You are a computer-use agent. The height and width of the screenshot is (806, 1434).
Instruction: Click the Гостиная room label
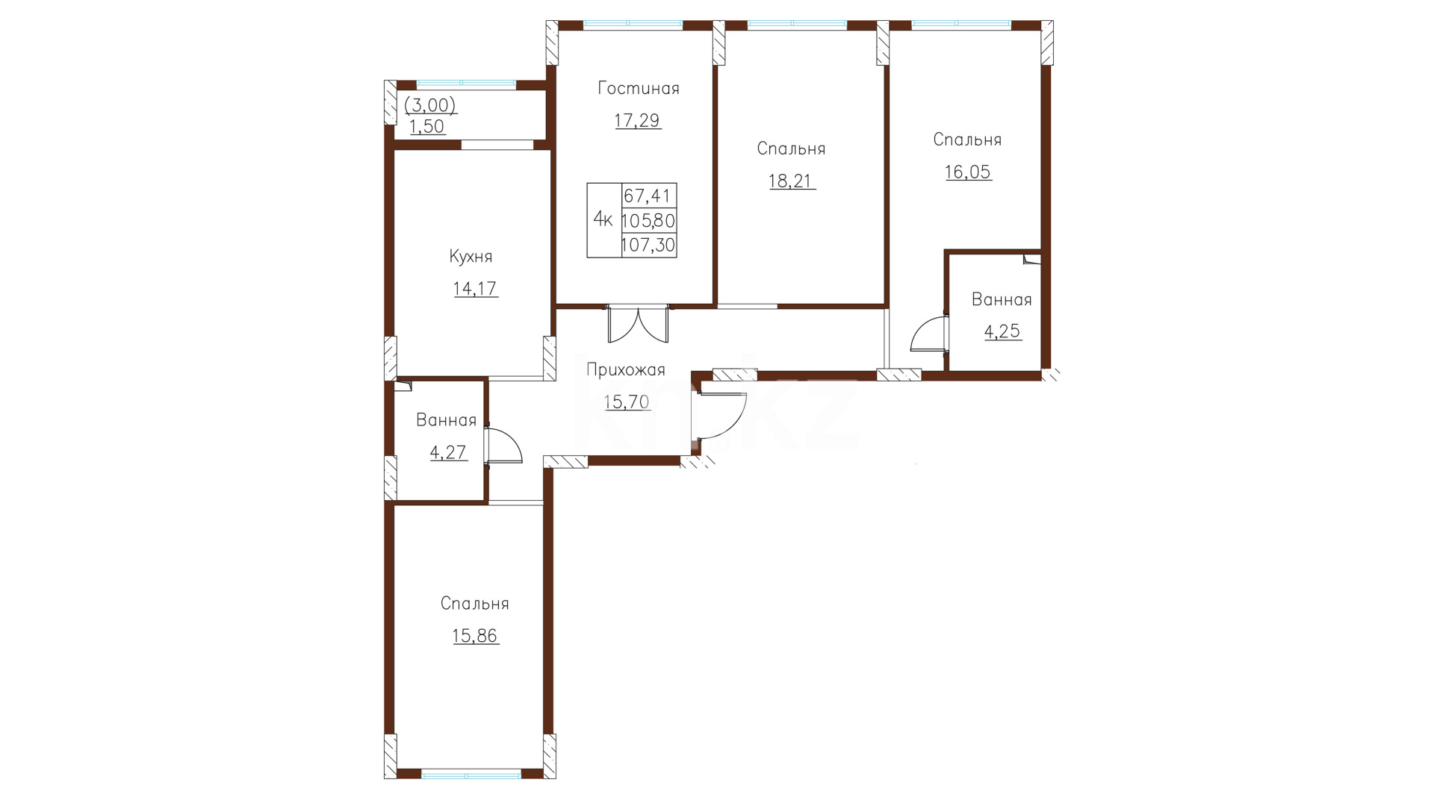pyautogui.click(x=639, y=89)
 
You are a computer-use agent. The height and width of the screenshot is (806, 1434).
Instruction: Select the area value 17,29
pyautogui.click(x=638, y=121)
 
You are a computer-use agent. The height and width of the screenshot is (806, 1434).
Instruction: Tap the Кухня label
pyautogui.click(x=471, y=257)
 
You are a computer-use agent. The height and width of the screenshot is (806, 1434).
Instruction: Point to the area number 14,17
pyautogui.click(x=475, y=289)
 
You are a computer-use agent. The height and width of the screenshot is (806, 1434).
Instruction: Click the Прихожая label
pyautogui.click(x=626, y=370)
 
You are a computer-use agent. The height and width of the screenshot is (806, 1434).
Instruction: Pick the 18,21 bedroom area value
pyautogui.click(x=792, y=181)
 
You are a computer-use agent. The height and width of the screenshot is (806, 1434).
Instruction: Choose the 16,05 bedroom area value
pyautogui.click(x=968, y=172)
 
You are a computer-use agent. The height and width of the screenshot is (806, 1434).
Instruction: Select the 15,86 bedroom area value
pyautogui.click(x=475, y=637)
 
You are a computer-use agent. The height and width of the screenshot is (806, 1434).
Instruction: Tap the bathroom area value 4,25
pyautogui.click(x=1002, y=332)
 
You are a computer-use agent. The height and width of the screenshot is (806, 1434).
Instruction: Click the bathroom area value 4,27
pyautogui.click(x=448, y=453)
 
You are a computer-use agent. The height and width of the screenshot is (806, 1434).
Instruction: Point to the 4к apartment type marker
pyautogui.click(x=603, y=219)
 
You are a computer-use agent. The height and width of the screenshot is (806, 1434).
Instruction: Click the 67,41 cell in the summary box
pyautogui.click(x=648, y=196)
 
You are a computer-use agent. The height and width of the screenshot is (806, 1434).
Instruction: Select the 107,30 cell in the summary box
pyautogui.click(x=648, y=245)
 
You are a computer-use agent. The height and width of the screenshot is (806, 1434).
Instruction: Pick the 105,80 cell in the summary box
pyautogui.click(x=648, y=221)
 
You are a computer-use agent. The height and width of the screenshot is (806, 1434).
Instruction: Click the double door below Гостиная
pyautogui.click(x=639, y=323)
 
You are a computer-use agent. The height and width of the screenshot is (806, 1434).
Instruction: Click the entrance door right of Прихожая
pyautogui.click(x=721, y=415)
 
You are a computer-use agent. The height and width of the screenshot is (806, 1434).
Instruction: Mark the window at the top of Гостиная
pyautogui.click(x=633, y=25)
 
